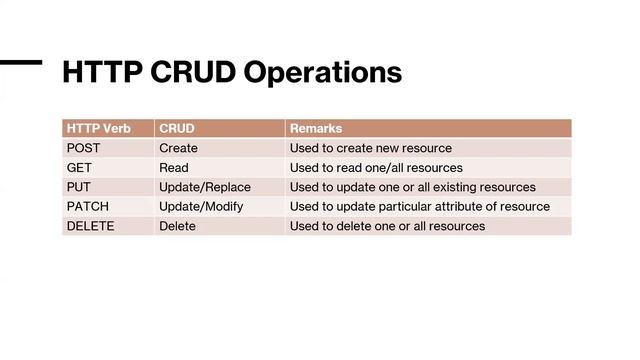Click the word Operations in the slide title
(x=322, y=73)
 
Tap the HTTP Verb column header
(x=98, y=128)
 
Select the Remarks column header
(x=316, y=128)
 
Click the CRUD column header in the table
(x=177, y=128)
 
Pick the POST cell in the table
(x=83, y=148)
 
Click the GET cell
(x=79, y=167)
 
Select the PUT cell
(x=79, y=187)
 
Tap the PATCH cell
(x=87, y=206)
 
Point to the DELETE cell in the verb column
(x=90, y=226)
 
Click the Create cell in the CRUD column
(x=178, y=148)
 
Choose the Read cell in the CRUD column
(x=173, y=167)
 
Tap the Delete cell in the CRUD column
(x=177, y=226)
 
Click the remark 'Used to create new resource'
(x=370, y=148)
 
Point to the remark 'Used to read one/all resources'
(x=376, y=167)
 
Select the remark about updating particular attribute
(x=419, y=206)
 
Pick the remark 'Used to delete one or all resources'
(x=387, y=226)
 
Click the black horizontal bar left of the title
(x=20, y=62)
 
